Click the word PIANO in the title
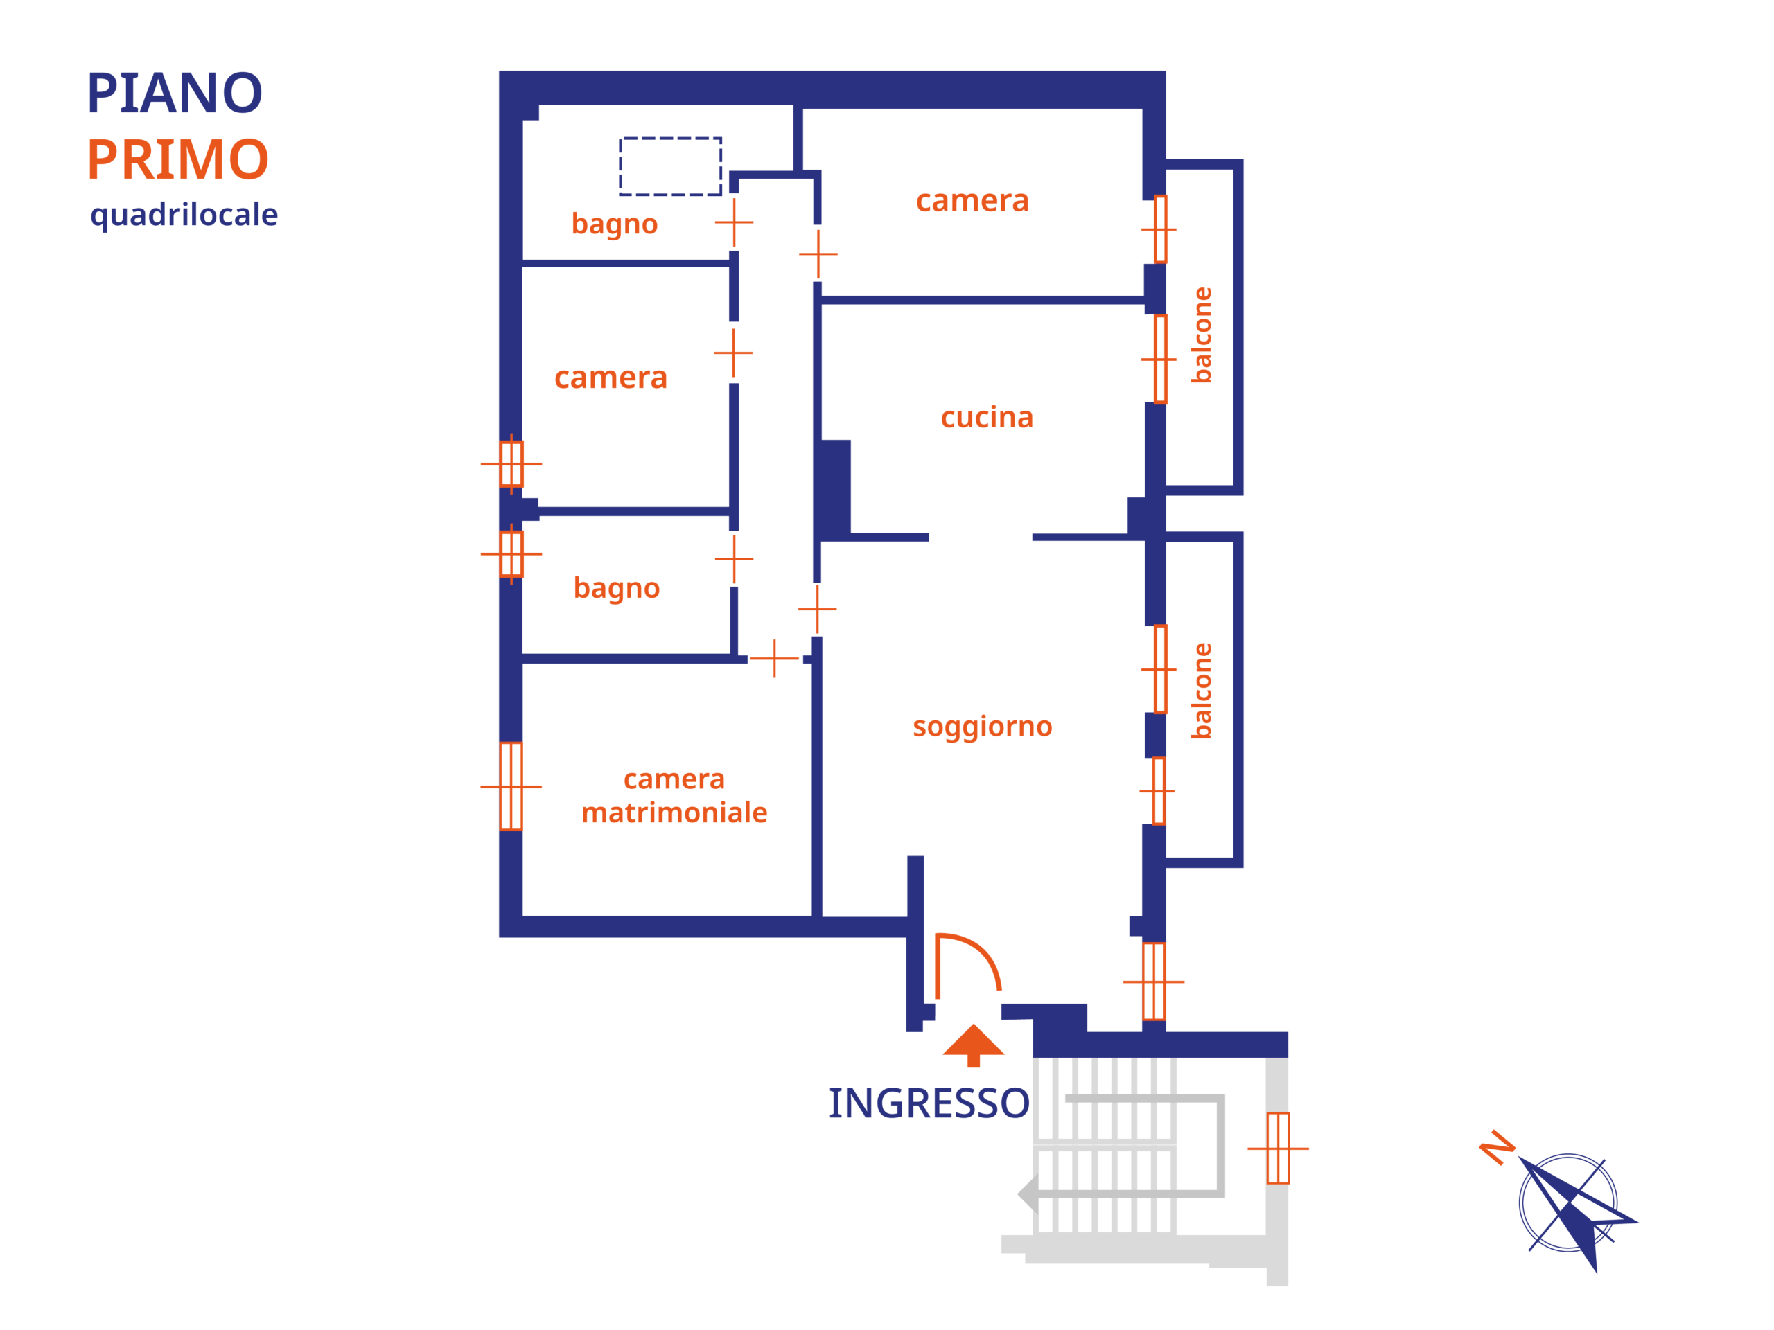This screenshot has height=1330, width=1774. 174,93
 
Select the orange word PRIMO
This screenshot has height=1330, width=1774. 177,159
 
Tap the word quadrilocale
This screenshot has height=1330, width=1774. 184,215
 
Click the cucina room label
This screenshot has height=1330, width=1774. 987,418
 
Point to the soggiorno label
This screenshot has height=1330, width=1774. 983,727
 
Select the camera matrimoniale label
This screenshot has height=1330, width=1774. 674,795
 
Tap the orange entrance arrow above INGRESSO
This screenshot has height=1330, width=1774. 973,1045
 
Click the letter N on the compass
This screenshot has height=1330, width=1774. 1497,1147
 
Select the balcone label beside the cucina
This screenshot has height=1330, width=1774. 1202,335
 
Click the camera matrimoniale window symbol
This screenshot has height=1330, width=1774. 511,786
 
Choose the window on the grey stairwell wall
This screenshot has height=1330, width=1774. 1278,1148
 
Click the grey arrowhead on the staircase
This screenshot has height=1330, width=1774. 1028,1194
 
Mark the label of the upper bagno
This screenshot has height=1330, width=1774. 615,224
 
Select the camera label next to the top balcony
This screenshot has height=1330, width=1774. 972,200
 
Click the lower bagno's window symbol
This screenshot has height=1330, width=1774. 511,554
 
